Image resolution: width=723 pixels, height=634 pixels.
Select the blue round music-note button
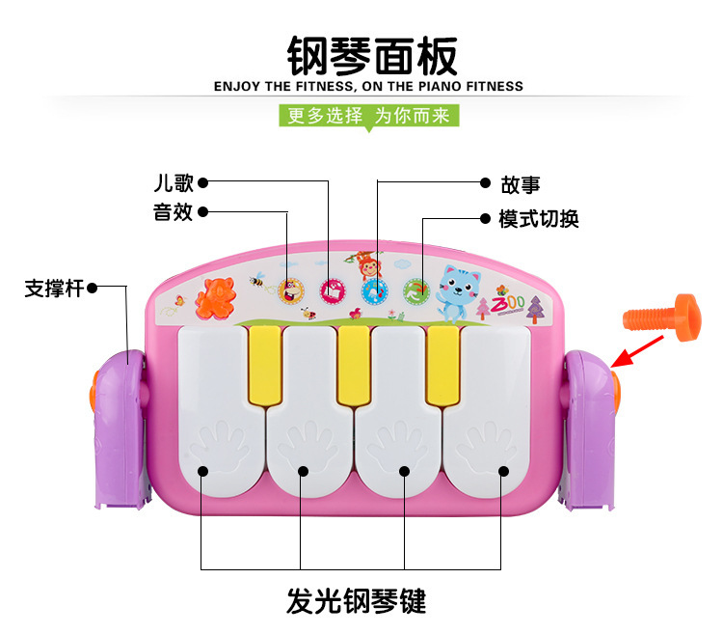(x=373, y=289)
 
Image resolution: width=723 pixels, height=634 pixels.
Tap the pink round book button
(x=332, y=289)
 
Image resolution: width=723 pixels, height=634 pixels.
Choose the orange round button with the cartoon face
(x=289, y=289)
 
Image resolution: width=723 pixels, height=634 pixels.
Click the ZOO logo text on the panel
(x=508, y=303)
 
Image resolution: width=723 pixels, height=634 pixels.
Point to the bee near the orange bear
(x=257, y=281)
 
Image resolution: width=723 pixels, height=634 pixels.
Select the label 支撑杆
(x=54, y=287)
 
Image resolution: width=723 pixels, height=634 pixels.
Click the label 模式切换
(x=539, y=219)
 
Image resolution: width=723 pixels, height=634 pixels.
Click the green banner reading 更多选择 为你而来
(x=369, y=116)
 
